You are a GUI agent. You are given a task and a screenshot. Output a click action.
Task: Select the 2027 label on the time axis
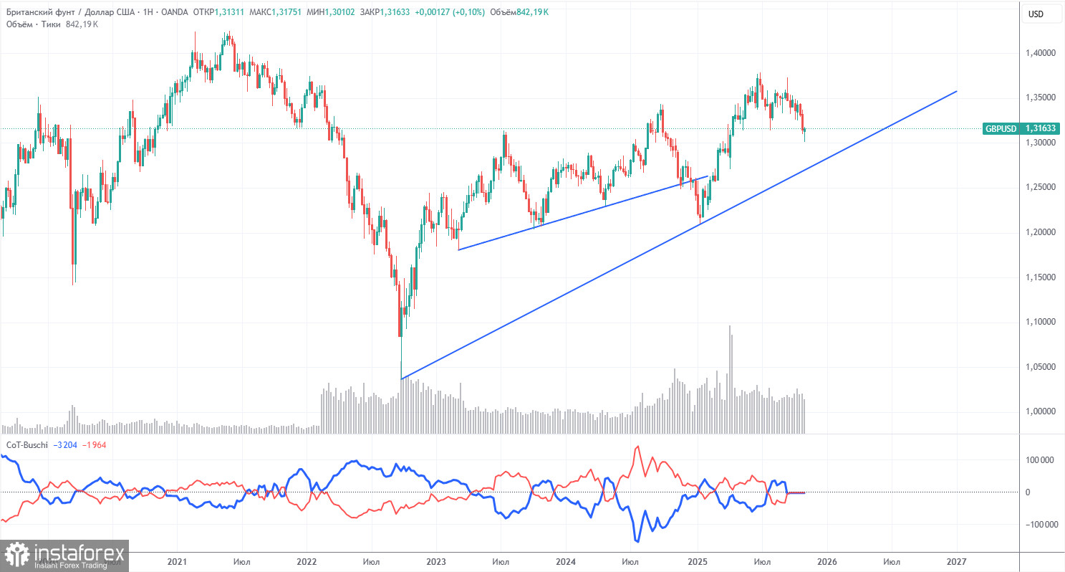click(x=957, y=561)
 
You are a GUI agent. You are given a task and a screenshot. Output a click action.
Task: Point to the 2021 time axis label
click(x=176, y=561)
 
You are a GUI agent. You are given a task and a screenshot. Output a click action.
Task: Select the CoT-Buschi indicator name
click(x=27, y=445)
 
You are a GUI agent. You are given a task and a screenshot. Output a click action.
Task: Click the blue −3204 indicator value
click(x=67, y=445)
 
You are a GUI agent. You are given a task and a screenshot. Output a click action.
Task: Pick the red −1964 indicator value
click(x=95, y=445)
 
